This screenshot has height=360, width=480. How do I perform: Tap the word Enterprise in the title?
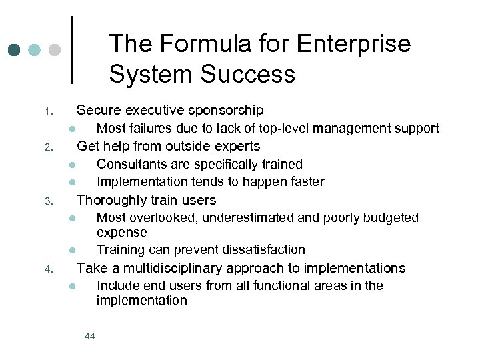354,45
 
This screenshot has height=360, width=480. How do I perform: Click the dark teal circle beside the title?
15,50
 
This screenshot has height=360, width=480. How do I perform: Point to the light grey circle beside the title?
55,50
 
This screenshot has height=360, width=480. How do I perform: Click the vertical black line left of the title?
72,50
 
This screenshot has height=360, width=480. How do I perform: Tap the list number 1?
48,111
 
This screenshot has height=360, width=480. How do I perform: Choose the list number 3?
48,201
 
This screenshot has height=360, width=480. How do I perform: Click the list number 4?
48,269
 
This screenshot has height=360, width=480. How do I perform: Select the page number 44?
90,336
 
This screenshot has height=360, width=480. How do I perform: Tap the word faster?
307,181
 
